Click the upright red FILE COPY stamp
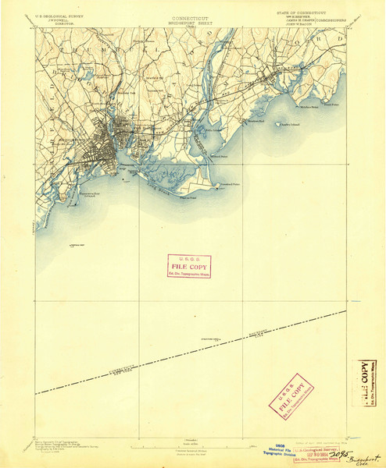189,267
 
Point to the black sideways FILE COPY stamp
365,384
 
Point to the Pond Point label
331,104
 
